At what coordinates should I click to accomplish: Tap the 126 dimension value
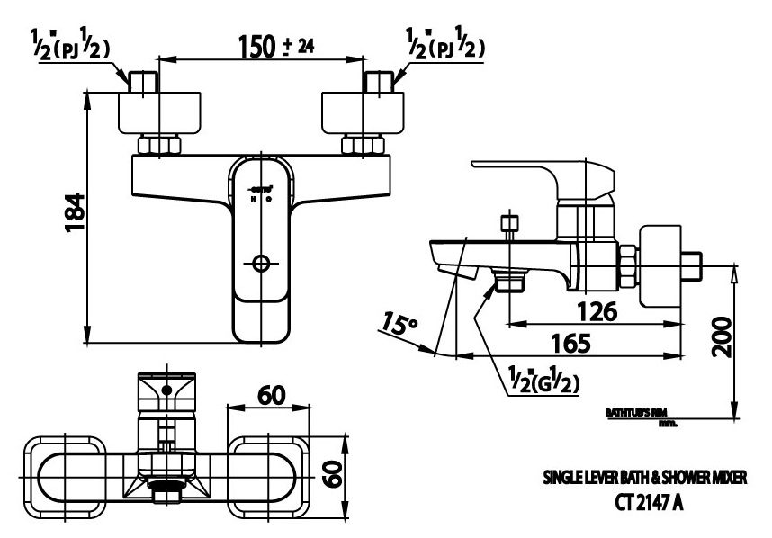tap(596, 311)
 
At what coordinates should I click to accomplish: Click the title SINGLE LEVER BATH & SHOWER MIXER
tap(644, 480)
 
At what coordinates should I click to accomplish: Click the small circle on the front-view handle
tap(262, 264)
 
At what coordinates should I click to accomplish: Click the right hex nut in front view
tap(364, 147)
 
